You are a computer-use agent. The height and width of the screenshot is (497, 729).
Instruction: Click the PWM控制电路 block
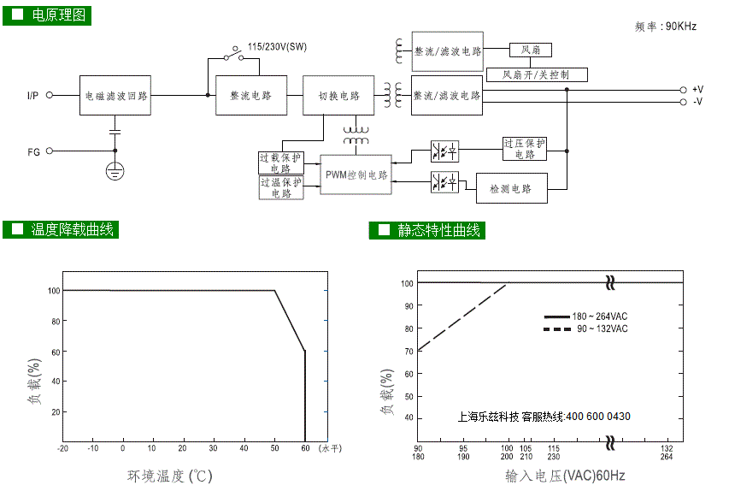tap(356, 175)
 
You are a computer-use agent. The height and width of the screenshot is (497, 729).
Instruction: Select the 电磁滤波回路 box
tap(115, 96)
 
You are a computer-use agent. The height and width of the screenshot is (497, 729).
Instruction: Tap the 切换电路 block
tap(338, 96)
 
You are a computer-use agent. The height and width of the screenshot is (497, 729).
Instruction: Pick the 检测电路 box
tap(511, 188)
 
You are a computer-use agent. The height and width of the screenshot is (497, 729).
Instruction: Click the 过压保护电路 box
tap(525, 149)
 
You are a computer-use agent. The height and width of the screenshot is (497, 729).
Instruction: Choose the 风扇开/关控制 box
tap(537, 74)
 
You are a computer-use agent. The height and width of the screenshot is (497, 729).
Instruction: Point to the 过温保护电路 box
tap(281, 187)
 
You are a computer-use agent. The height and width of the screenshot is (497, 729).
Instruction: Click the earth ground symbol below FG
tap(115, 171)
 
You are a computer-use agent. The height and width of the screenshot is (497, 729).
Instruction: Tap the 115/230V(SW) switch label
tap(277, 47)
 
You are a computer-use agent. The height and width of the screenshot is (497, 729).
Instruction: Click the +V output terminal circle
tap(683, 90)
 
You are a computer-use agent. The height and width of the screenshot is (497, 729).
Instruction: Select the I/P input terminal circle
tap(50, 95)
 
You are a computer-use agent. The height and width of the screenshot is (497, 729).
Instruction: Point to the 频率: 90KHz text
tap(666, 27)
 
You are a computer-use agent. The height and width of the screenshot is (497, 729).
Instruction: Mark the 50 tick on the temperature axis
tap(274, 448)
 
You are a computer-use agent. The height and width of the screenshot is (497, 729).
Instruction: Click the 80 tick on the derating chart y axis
tap(56, 321)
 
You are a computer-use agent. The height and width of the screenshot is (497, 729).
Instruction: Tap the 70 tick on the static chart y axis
tap(409, 352)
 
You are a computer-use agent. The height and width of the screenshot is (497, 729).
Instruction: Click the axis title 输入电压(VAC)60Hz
tap(565, 476)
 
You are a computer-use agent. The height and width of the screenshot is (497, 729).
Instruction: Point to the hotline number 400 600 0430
tap(598, 417)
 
